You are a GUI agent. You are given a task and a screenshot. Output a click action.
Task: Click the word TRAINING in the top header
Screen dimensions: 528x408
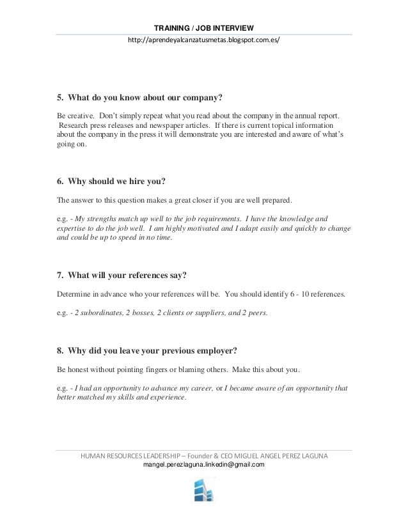(x=173, y=27)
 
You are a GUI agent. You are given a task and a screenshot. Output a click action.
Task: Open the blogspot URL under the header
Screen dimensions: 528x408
(x=204, y=40)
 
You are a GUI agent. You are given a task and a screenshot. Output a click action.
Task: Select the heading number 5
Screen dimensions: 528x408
(x=60, y=98)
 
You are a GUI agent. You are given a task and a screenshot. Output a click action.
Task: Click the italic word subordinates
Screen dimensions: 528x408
(x=101, y=313)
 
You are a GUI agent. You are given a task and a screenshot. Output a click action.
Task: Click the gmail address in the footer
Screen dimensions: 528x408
(x=203, y=465)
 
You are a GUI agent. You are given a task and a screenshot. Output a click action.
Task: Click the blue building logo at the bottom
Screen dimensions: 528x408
(x=203, y=495)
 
